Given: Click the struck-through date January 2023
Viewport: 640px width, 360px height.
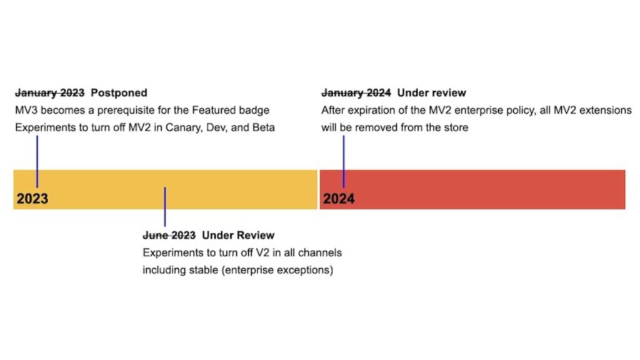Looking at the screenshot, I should click(49, 93).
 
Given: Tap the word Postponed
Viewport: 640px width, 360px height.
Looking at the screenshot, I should click(119, 93).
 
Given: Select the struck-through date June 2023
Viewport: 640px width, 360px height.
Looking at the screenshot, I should click(169, 236).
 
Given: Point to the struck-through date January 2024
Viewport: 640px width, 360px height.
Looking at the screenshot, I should click(356, 93).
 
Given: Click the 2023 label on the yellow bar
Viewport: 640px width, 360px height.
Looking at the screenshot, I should click(32, 199).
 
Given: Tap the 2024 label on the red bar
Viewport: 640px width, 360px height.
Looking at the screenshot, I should click(339, 199).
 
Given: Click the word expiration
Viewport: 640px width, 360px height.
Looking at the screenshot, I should click(372, 111).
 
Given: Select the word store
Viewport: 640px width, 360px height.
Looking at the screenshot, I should click(455, 128).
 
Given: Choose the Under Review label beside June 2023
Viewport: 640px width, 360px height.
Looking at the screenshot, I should click(238, 236).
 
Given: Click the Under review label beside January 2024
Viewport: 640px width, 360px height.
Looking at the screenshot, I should click(431, 93).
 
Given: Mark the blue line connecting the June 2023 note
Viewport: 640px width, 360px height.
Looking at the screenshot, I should click(164, 206).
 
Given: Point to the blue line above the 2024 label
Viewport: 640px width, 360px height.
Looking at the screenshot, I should click(343, 159).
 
